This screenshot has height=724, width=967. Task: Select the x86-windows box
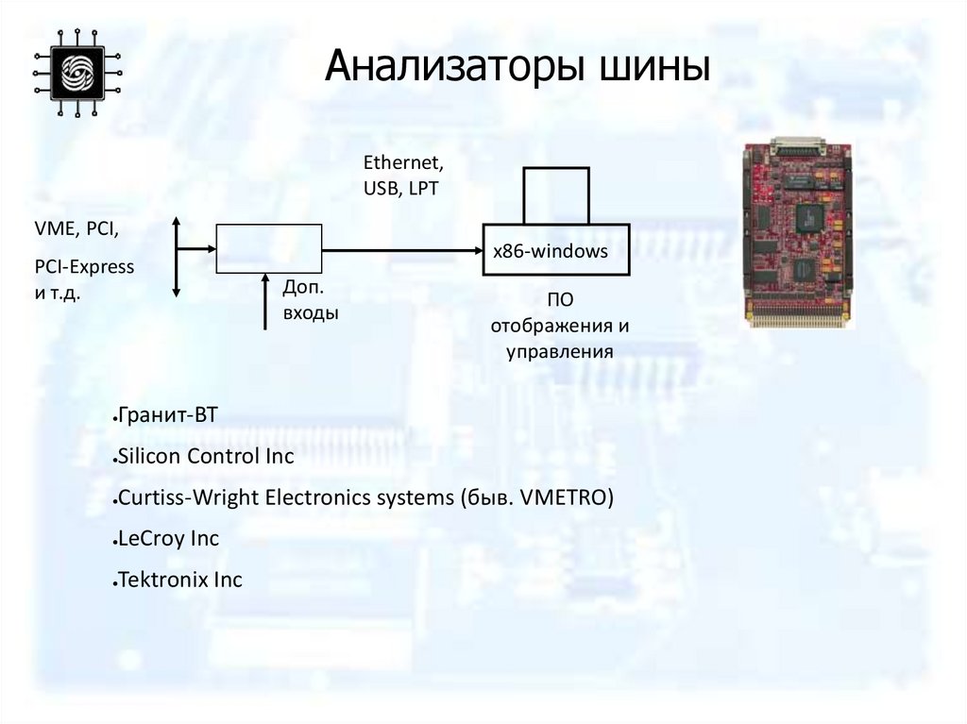pyautogui.click(x=555, y=250)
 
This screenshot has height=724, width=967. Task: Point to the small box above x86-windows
pyautogui.click(x=556, y=195)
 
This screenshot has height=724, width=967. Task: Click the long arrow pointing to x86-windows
pyautogui.click(x=401, y=250)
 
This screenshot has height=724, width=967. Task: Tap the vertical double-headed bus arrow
pyautogui.click(x=177, y=257)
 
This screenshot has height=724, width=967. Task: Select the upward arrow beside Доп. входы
pyautogui.click(x=265, y=301)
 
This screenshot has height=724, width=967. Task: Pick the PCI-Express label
pyautogui.click(x=84, y=266)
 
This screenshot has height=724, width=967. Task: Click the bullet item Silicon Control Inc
pyautogui.click(x=206, y=457)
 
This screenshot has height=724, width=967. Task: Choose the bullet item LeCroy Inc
pyautogui.click(x=168, y=539)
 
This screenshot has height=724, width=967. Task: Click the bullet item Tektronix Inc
pyautogui.click(x=179, y=580)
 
